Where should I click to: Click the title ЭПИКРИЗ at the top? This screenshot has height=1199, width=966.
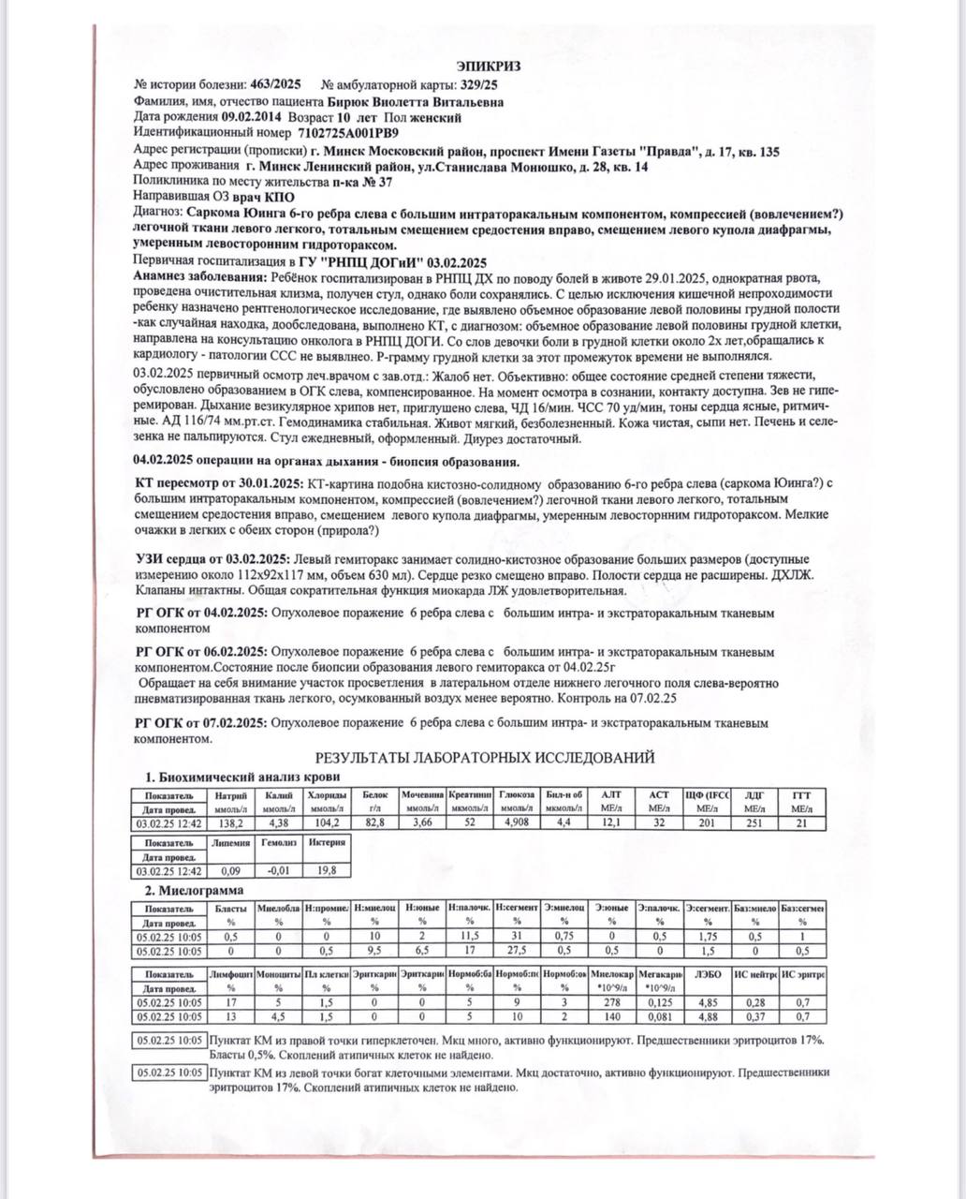pos(488,66)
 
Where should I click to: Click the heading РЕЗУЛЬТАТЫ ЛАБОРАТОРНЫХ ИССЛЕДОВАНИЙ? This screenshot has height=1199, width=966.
pos(485,757)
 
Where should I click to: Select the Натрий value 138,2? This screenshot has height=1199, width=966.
pos(230,822)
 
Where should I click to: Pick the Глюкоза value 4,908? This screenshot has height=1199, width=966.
pos(517,822)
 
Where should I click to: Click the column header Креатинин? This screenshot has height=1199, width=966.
pos(469,794)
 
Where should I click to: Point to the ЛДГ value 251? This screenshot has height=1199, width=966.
pos(754,822)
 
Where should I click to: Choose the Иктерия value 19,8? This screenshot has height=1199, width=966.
pos(327,870)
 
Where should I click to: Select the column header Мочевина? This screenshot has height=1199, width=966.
pos(422,794)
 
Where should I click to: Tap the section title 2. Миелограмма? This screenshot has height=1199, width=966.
pos(194,890)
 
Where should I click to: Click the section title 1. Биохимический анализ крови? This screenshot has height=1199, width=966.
pos(241,777)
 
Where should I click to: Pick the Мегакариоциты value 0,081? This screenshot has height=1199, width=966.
pos(660,1016)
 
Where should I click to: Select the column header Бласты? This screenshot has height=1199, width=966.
pos(230,909)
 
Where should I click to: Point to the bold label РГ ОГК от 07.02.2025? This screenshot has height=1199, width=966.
pos(201,723)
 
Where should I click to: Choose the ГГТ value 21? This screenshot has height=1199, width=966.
pos(801,822)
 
